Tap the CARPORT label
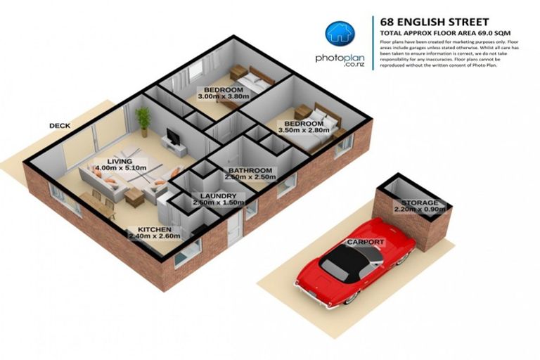pyautogui.click(x=366, y=242)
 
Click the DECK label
pyautogui.click(x=60, y=126)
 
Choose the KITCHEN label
pyautogui.click(x=154, y=229)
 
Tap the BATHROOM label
pyautogui.click(x=249, y=170)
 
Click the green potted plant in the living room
pyautogui.click(x=143, y=120)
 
